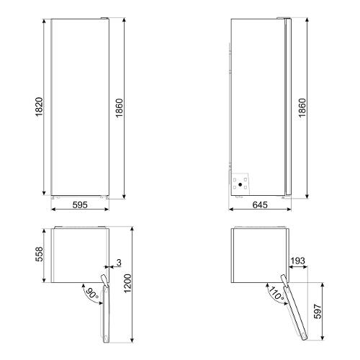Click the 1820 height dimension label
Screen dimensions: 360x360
pos(39,107)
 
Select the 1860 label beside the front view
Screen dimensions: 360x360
pos(119,108)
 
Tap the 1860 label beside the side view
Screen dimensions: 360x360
pos(302,108)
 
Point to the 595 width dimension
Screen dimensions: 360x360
pos(80,204)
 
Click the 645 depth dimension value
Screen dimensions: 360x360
pos(260,204)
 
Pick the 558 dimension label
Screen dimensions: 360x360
pos(39,254)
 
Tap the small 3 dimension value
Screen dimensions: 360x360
pos(119,263)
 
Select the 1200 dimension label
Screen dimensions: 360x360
pos(127,283)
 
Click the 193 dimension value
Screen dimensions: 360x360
pos(297,261)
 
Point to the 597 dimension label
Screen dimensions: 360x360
pos(318,311)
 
